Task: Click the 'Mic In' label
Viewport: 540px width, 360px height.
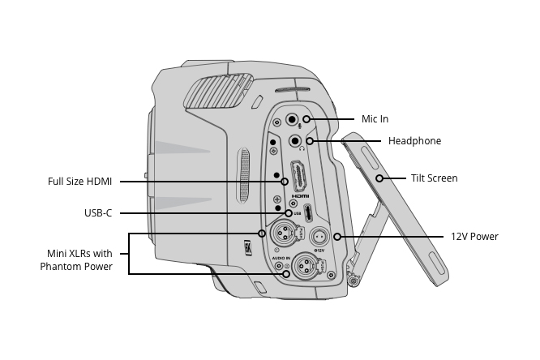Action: click(375, 119)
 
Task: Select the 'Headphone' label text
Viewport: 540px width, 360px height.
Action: click(414, 141)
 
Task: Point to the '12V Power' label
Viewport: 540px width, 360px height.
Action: click(474, 237)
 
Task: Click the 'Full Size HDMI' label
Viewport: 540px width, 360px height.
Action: click(79, 181)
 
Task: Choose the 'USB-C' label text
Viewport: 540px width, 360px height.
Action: click(97, 213)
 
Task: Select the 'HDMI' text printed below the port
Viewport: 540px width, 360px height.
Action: click(300, 196)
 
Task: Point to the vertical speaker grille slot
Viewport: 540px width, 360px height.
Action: click(244, 174)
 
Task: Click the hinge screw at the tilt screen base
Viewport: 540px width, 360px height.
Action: click(352, 281)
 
